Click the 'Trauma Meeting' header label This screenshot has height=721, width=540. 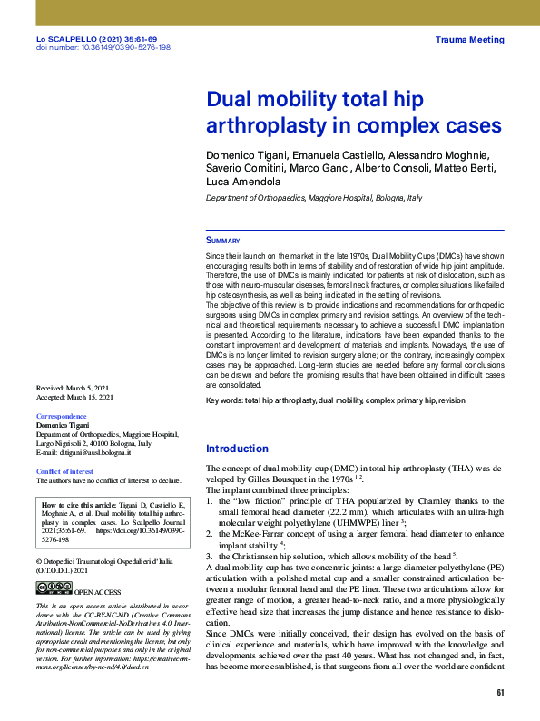[x=469, y=41]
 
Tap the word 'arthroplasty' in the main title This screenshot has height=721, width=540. [x=265, y=123]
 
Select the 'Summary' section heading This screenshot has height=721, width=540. [x=223, y=241]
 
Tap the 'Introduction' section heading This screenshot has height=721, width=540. [x=237, y=449]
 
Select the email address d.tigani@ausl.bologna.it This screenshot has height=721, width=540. [x=90, y=452]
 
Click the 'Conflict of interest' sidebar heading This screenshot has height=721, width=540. [x=64, y=471]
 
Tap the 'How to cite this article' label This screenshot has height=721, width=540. [x=79, y=504]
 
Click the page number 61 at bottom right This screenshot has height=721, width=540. [x=499, y=694]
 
